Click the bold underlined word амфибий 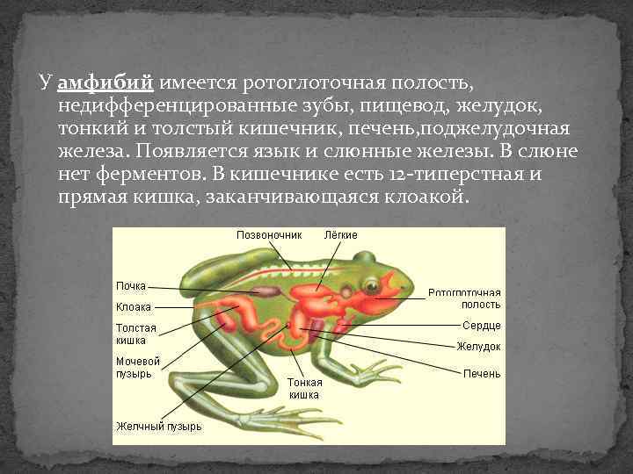click(x=105, y=83)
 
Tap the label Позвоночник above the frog click(x=268, y=235)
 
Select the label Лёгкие click(x=340, y=235)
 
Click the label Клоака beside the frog click(x=134, y=307)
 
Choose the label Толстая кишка click(x=136, y=334)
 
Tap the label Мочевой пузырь click(x=138, y=367)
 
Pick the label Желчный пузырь click(x=158, y=427)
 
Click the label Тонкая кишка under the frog click(x=304, y=388)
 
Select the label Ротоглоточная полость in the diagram click(x=464, y=298)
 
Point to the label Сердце click(x=481, y=326)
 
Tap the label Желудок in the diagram click(x=478, y=347)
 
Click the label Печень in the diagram click(x=482, y=374)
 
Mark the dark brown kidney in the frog click(x=264, y=291)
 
